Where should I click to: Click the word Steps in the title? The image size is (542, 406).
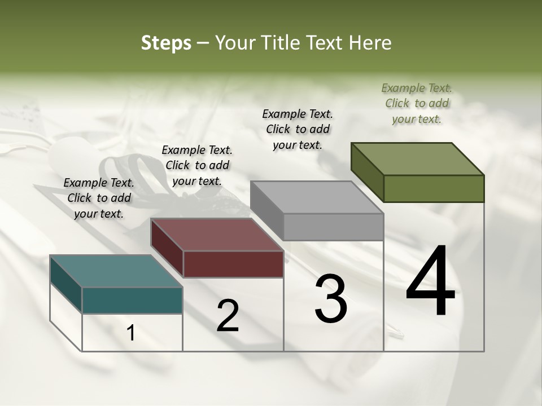[x=166, y=43]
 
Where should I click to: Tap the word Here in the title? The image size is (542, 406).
[x=368, y=43]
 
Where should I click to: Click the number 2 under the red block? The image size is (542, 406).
[x=228, y=316]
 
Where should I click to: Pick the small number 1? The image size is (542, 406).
[x=131, y=333]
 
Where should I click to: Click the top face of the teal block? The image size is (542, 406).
[x=116, y=271]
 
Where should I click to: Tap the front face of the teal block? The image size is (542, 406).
[x=132, y=300]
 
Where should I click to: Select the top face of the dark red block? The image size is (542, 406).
[x=217, y=235]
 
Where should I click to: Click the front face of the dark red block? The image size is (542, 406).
[x=233, y=264]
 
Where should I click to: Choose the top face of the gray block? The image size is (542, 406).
[x=317, y=197]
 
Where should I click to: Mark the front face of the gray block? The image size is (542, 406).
[x=333, y=227]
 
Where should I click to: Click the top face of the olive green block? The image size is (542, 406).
[x=418, y=159]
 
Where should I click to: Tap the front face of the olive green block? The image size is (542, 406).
[x=434, y=188]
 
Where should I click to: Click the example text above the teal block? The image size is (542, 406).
[x=99, y=198]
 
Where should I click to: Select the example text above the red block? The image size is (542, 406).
[x=197, y=165]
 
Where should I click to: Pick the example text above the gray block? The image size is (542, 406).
[x=298, y=129]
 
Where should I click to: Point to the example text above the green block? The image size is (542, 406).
[x=417, y=103]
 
